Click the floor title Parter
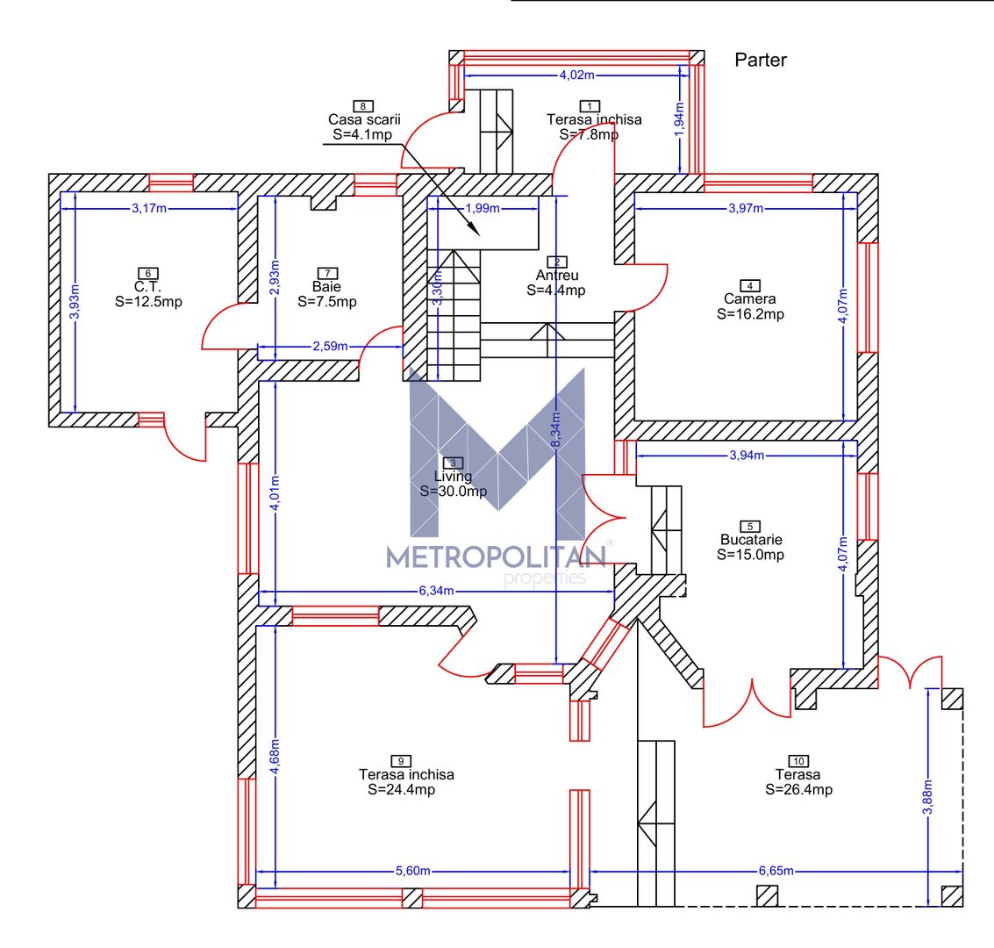pos(760,60)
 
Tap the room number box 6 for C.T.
pos(147,273)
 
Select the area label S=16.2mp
pos(751,314)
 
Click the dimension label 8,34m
pos(555,430)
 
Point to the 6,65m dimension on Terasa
pos(776,871)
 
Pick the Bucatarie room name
pos(751,540)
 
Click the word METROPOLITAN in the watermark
pos(497,557)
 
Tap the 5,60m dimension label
pos(412,871)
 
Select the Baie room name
pos(326,287)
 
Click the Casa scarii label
pos(364,119)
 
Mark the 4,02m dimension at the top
pos(577,75)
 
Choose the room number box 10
pos(798,761)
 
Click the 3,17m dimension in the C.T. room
pos(149,208)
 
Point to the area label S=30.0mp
pos(454,492)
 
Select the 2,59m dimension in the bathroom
pos(330,346)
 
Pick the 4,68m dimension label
pos(275,756)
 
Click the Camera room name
pos(750,298)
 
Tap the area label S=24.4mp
pos(401,789)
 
